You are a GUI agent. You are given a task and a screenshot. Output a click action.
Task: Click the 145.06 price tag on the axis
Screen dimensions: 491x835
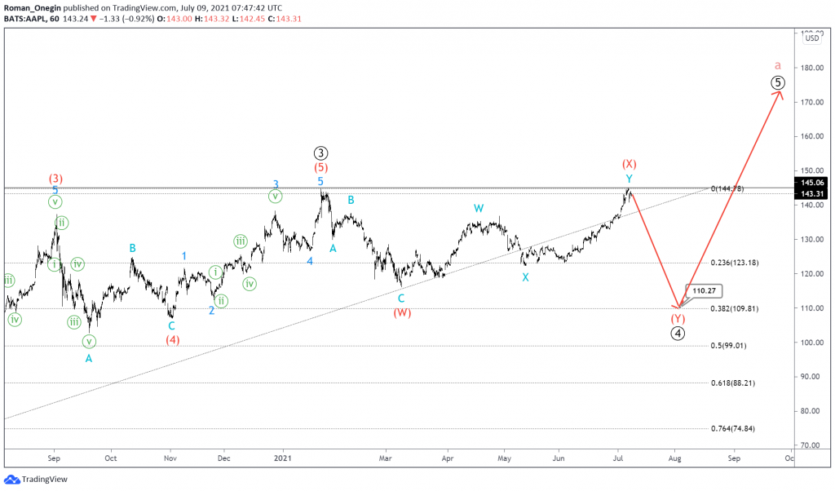pyautogui.click(x=812, y=183)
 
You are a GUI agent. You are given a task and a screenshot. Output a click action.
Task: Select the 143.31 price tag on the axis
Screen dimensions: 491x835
pyautogui.click(x=812, y=194)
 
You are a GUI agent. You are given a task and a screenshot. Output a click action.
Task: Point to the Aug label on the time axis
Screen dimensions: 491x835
pyautogui.click(x=675, y=459)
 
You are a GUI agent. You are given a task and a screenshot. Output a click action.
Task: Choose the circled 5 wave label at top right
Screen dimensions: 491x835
pyautogui.click(x=778, y=82)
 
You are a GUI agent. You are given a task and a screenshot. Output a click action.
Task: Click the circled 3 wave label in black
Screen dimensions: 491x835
pyautogui.click(x=321, y=153)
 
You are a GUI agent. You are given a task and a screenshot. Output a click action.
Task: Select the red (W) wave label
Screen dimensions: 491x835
pyautogui.click(x=401, y=312)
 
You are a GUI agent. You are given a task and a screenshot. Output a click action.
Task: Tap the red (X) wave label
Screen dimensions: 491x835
pyautogui.click(x=629, y=164)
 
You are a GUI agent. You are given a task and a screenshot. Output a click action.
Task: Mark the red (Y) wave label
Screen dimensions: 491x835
pyautogui.click(x=678, y=318)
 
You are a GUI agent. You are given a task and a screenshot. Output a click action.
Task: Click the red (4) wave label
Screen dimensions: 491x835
pyautogui.click(x=172, y=339)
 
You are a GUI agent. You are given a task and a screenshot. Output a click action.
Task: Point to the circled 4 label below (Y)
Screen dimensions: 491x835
pyautogui.click(x=678, y=333)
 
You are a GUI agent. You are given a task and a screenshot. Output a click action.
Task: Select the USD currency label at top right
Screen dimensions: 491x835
pyautogui.click(x=812, y=38)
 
